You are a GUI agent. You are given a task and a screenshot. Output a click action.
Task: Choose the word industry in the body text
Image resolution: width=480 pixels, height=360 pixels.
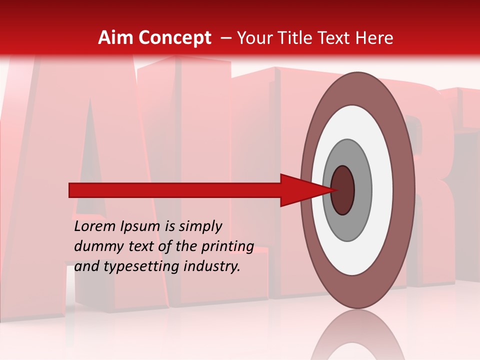coord(212,267)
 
